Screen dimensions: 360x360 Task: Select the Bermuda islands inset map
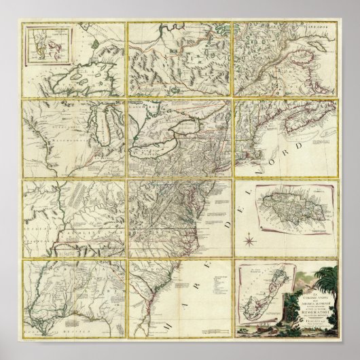click(259, 299)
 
